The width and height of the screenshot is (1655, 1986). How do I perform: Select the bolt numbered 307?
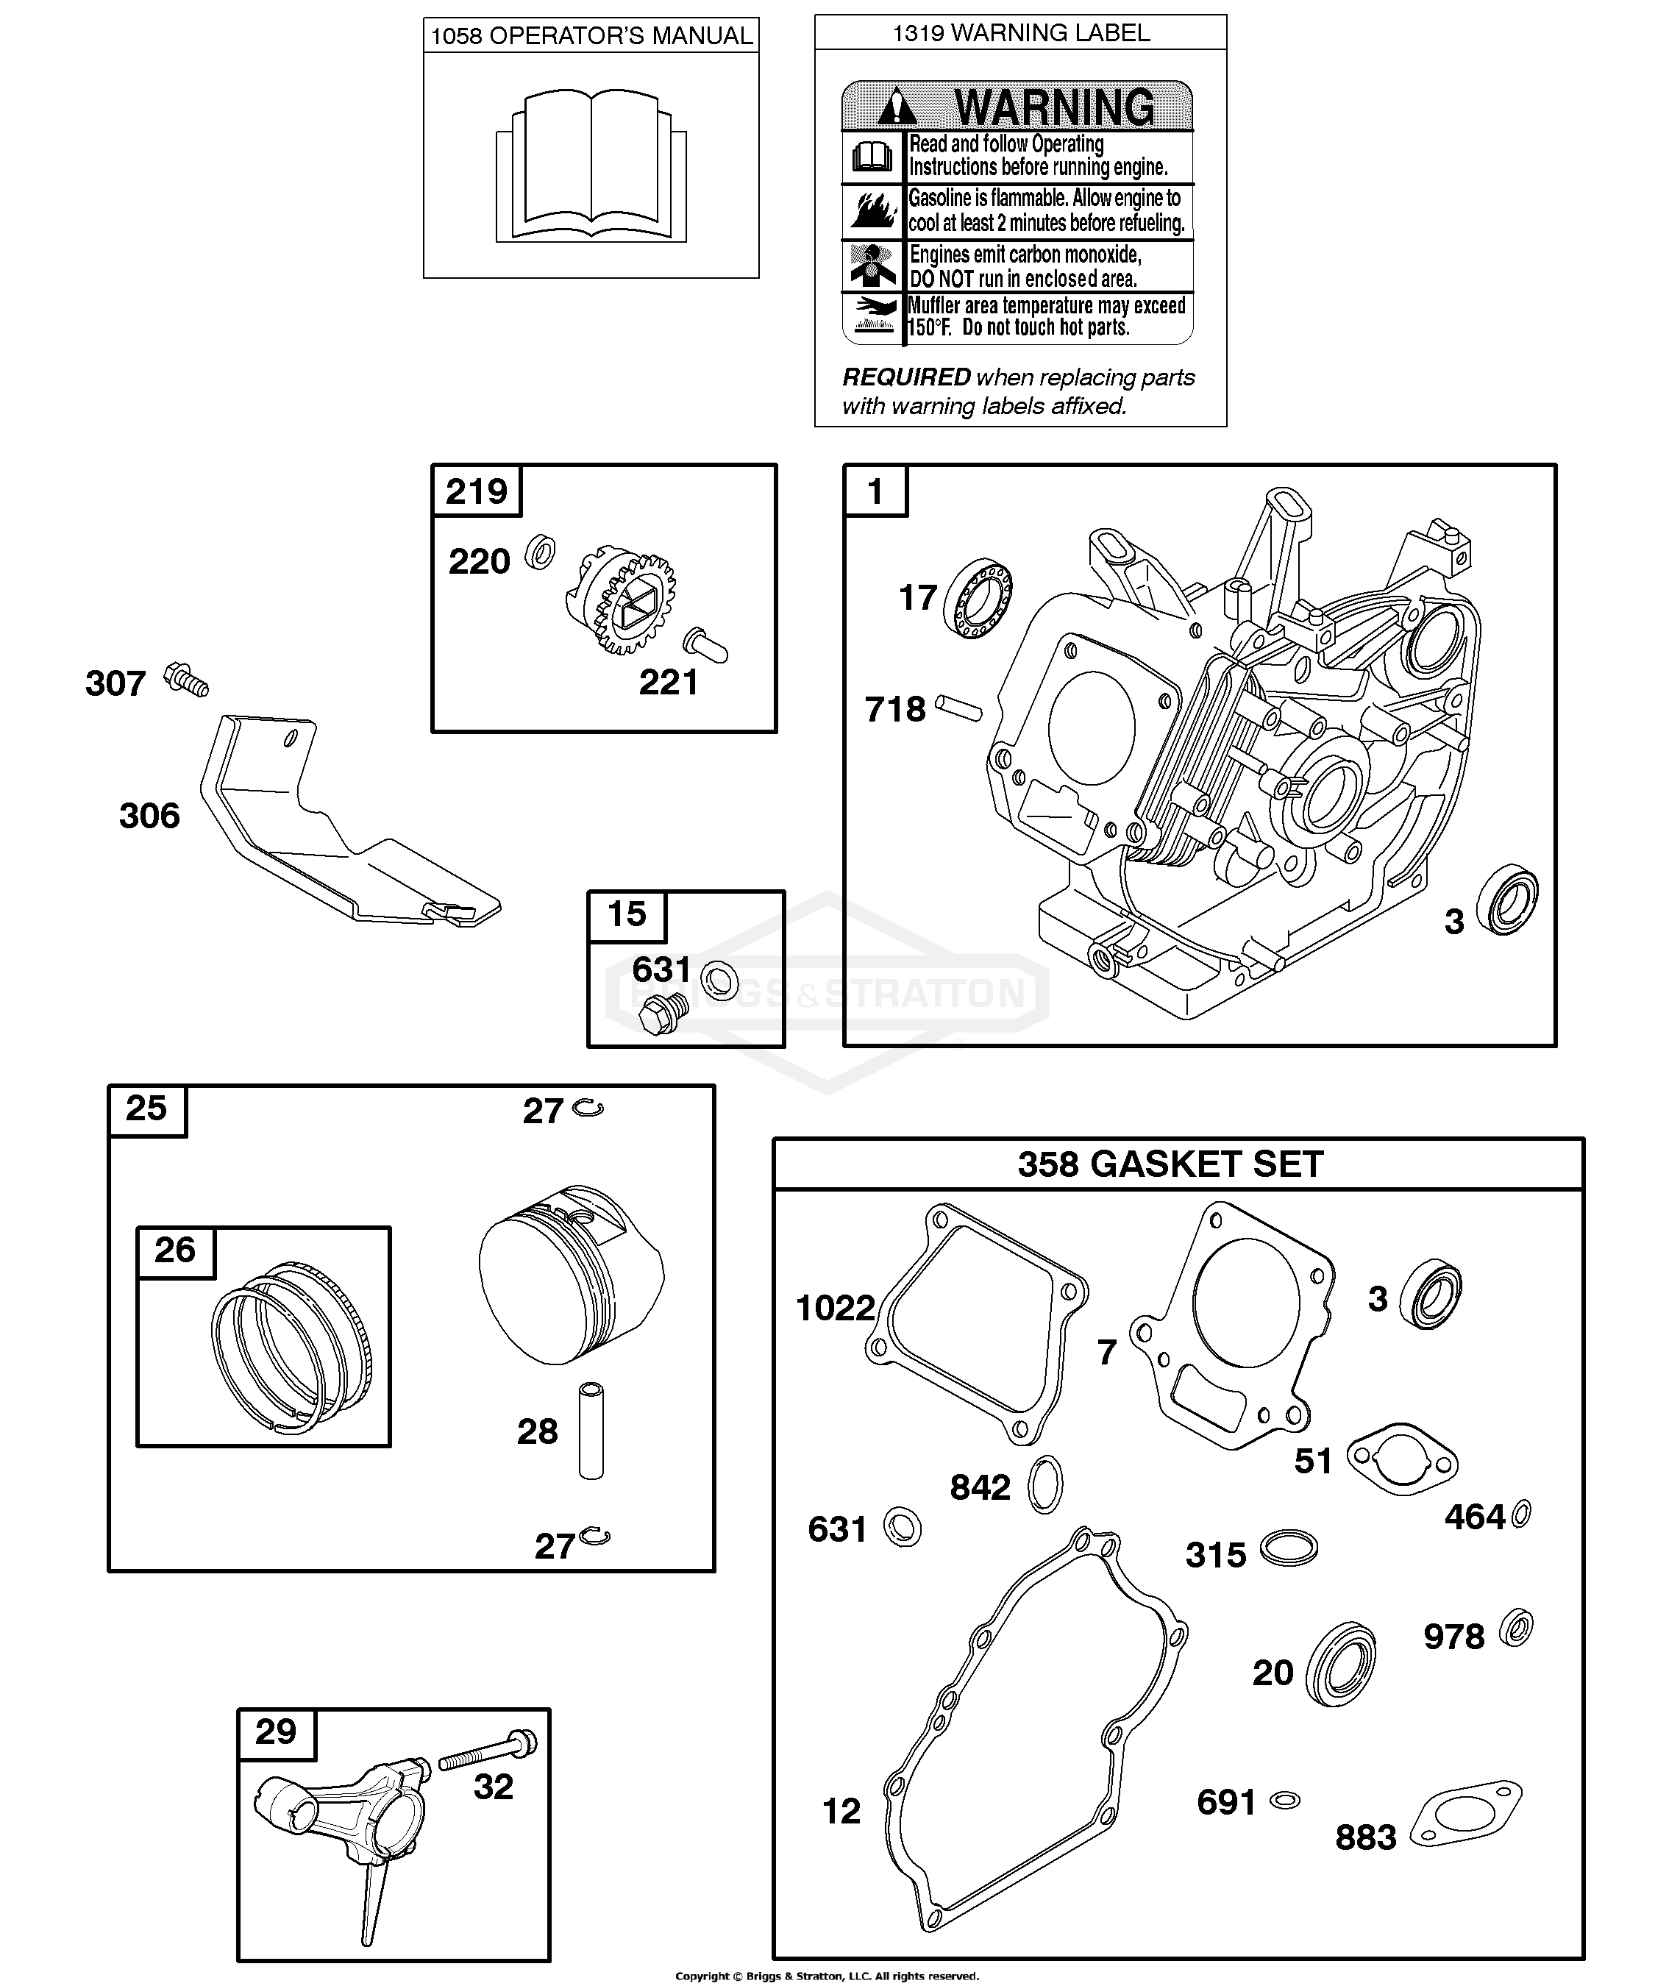coord(186,680)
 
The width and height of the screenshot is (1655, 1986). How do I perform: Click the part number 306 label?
coord(149,815)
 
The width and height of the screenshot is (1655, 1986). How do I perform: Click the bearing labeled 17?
coord(978,598)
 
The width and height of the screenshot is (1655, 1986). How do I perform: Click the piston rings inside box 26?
coord(291,1344)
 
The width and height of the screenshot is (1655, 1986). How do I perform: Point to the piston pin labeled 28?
coord(591,1431)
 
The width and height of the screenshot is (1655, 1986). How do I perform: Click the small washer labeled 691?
coord(1285,1800)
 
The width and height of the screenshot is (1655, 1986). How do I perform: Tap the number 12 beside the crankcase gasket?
coord(841,1811)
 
